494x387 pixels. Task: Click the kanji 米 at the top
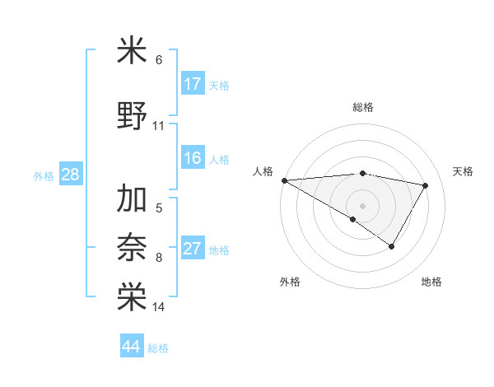click(x=132, y=50)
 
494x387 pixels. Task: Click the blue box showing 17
click(x=193, y=83)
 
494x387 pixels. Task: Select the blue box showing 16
click(x=193, y=158)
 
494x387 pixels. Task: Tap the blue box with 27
click(x=193, y=249)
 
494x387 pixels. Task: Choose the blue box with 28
click(x=70, y=175)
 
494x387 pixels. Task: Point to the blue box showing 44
click(x=131, y=347)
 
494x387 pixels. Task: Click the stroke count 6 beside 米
click(x=159, y=60)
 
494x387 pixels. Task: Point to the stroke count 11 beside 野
click(x=159, y=126)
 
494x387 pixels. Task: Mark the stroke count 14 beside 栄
click(x=159, y=307)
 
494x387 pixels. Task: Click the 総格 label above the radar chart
click(x=363, y=107)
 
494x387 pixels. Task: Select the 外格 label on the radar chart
click(x=290, y=282)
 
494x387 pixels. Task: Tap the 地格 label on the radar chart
click(x=431, y=282)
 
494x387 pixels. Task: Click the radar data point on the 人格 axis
click(x=284, y=180)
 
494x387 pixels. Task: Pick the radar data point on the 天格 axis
click(x=426, y=185)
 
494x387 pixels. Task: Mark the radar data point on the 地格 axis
click(x=392, y=246)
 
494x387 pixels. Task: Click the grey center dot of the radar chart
click(x=362, y=205)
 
